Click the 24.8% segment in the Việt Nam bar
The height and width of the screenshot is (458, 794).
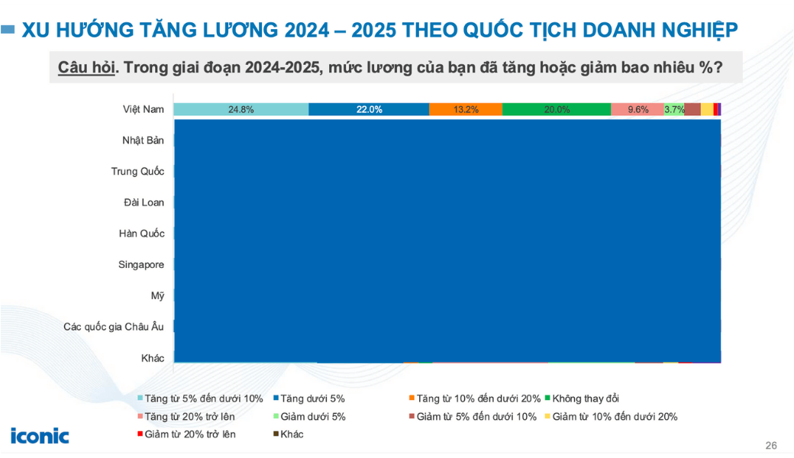[x=240, y=109]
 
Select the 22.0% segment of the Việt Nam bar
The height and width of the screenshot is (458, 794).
[x=369, y=109]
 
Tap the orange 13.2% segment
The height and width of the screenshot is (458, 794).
[x=465, y=109]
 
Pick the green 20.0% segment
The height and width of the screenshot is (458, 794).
[x=557, y=109]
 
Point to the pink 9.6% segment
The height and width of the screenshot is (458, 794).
[x=637, y=109]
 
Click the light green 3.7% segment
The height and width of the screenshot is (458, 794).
[x=674, y=109]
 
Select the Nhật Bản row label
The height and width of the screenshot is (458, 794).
[x=143, y=140]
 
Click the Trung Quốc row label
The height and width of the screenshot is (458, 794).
[x=137, y=171]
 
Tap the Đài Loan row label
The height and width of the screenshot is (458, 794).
[x=144, y=202]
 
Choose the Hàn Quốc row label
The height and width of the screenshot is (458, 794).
[x=142, y=234]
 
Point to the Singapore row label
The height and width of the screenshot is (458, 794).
[x=141, y=265]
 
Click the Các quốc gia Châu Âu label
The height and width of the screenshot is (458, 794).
[x=114, y=327]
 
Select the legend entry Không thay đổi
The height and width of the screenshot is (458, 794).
[x=585, y=398]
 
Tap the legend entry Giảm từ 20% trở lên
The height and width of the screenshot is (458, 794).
[x=189, y=434]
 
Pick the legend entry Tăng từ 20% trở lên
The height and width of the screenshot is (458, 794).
[x=189, y=417]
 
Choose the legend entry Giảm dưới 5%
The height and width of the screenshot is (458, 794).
[x=313, y=417]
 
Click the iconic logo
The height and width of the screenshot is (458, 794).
[x=40, y=436]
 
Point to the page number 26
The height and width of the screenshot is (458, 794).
[x=770, y=446]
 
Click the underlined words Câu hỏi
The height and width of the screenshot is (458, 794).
[x=86, y=67]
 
